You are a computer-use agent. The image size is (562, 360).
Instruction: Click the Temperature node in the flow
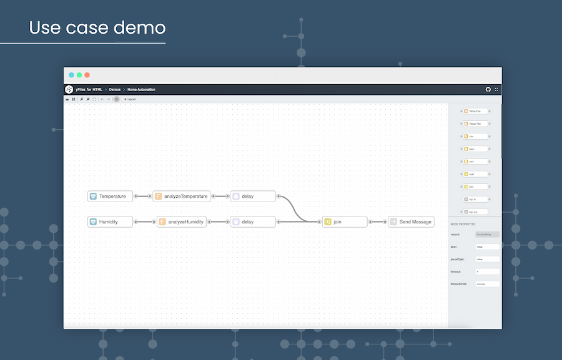click(111, 196)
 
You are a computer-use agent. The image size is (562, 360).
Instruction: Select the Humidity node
click(111, 221)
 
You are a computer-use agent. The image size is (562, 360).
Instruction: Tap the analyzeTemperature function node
click(181, 196)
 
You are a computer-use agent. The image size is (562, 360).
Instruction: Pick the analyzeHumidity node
click(181, 221)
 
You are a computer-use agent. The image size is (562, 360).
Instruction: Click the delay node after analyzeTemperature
click(253, 196)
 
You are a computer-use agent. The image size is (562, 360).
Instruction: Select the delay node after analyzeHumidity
click(253, 221)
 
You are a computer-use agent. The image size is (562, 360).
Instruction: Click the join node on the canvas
click(344, 221)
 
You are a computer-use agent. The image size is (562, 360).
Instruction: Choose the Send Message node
click(410, 221)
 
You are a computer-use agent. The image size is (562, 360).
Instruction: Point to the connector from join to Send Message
click(378, 221)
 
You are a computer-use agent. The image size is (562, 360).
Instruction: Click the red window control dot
click(87, 75)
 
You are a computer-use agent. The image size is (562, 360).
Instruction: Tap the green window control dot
click(79, 75)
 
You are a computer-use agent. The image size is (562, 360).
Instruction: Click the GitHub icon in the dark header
click(488, 89)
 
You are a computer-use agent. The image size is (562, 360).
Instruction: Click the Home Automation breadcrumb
click(142, 89)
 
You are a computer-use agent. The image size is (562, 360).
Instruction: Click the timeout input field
click(487, 271)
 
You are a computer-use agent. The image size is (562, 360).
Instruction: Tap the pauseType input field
click(487, 259)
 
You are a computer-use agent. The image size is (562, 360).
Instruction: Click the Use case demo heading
click(97, 28)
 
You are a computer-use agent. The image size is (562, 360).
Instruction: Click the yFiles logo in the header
click(69, 89)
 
